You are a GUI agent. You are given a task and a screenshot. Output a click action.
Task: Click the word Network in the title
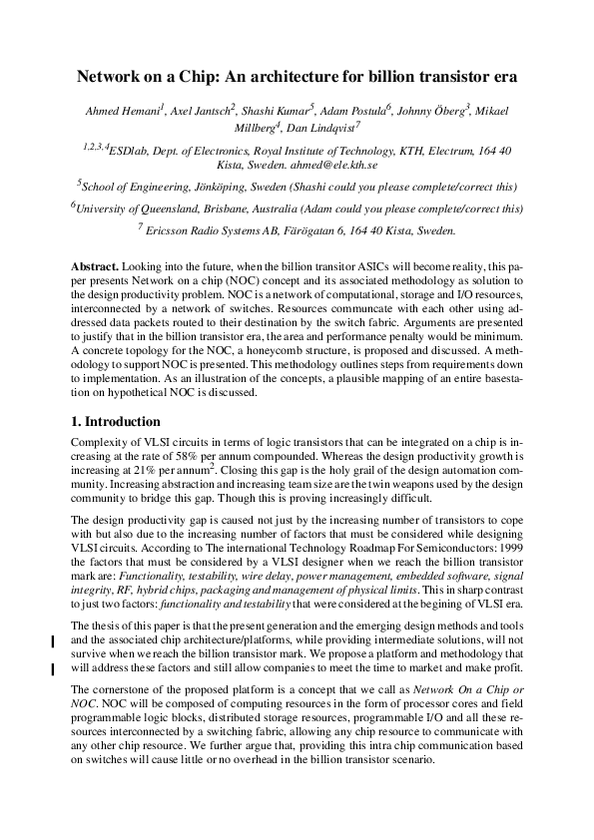pyautogui.click(x=114, y=76)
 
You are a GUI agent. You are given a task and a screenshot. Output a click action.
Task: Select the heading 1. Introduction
pyautogui.click(x=117, y=423)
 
